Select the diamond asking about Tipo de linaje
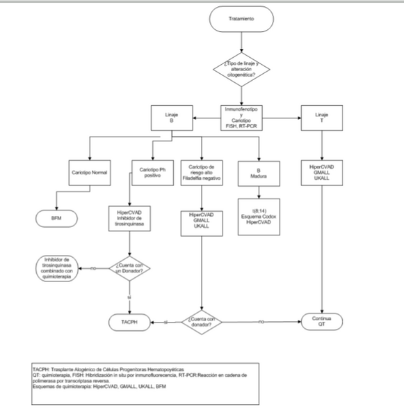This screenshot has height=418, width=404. pos(241,68)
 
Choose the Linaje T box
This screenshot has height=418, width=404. pos(321,116)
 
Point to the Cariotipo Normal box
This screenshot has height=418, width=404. pos(90,171)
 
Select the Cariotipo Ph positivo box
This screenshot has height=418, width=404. pos(152,171)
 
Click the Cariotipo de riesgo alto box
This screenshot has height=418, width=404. pos(201,171)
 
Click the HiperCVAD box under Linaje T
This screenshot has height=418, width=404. pos(321,171)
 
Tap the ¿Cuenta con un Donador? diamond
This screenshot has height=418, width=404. pos(131,266)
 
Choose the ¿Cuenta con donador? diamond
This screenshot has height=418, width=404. pos(201,322)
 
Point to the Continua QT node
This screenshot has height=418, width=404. pos(321,322)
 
